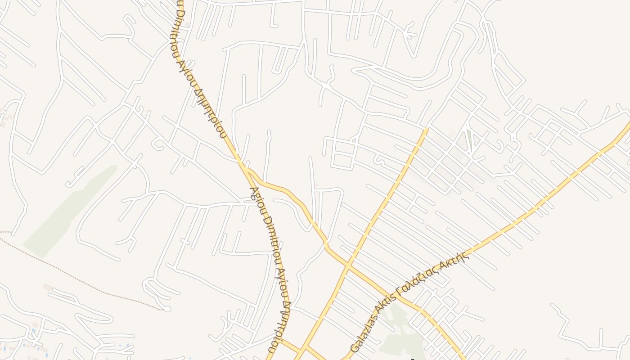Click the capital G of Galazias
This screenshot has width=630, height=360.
tap(354, 348)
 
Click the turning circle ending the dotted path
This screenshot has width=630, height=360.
tap(167, 309)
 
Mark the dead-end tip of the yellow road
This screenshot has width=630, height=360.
tap(426, 130)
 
